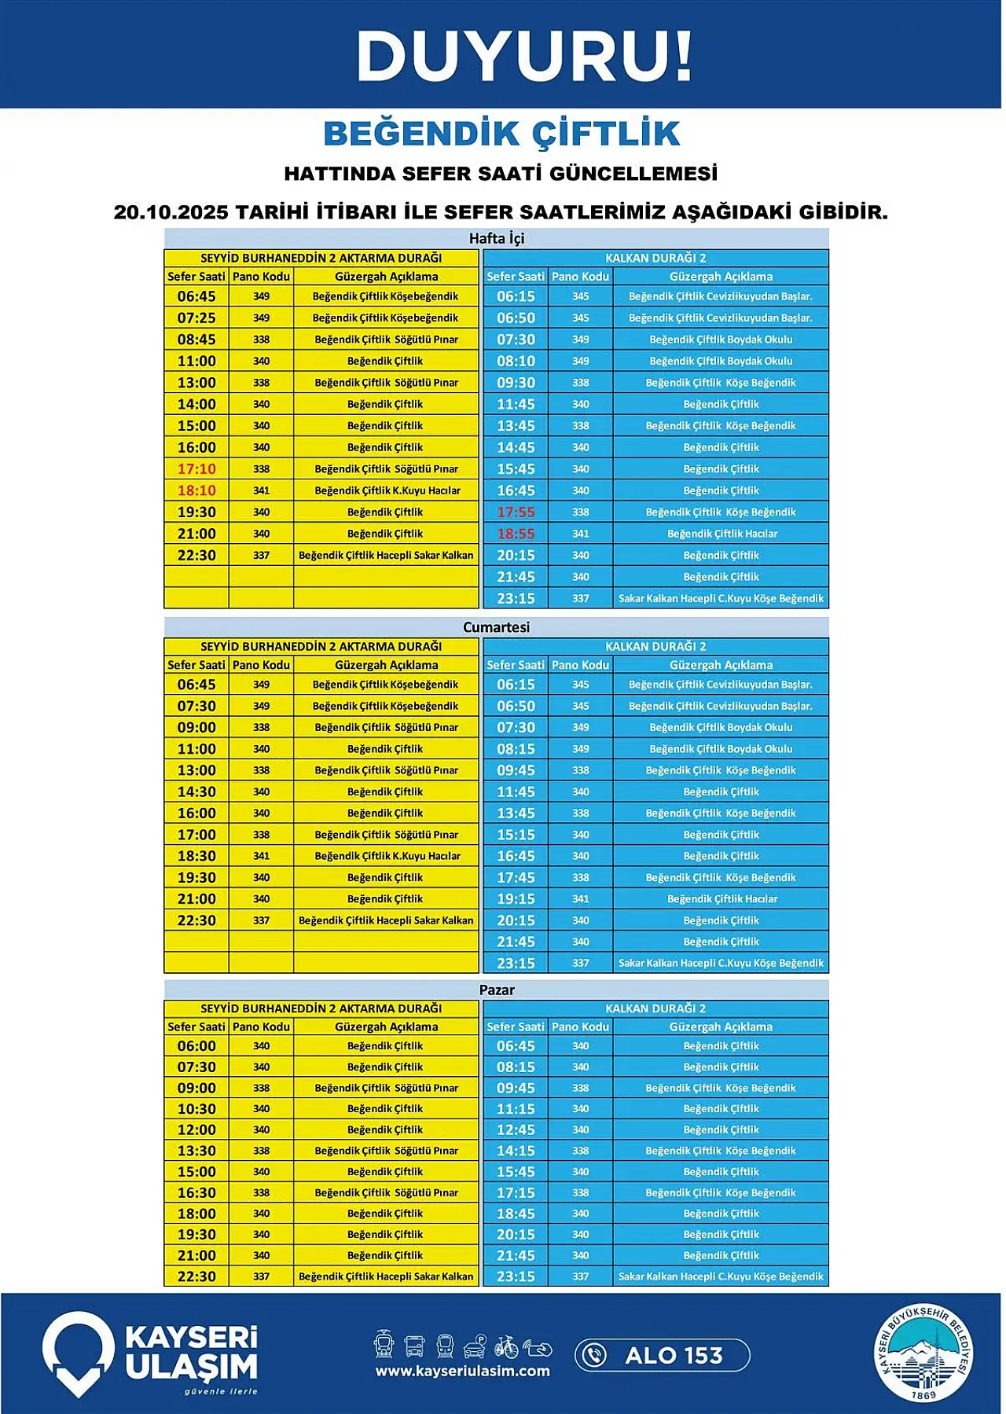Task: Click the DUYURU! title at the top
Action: click(524, 57)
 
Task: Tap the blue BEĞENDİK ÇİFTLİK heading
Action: click(501, 134)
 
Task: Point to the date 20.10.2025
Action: click(171, 212)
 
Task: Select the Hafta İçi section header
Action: click(496, 238)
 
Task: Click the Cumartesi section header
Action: click(496, 627)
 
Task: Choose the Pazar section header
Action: click(496, 990)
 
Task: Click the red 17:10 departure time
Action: click(196, 469)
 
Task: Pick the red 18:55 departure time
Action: click(516, 534)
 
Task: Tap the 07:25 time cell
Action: click(196, 318)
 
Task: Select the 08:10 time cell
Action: click(516, 362)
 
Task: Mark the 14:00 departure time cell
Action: click(196, 405)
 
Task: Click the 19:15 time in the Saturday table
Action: click(516, 899)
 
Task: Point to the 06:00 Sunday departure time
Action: click(196, 1046)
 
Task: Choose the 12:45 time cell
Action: click(516, 1129)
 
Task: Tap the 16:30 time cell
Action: click(196, 1192)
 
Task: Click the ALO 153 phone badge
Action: click(662, 1355)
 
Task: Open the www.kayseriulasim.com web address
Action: click(462, 1371)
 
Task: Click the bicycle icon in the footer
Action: click(506, 1346)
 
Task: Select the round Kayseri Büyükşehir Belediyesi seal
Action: click(924, 1353)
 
